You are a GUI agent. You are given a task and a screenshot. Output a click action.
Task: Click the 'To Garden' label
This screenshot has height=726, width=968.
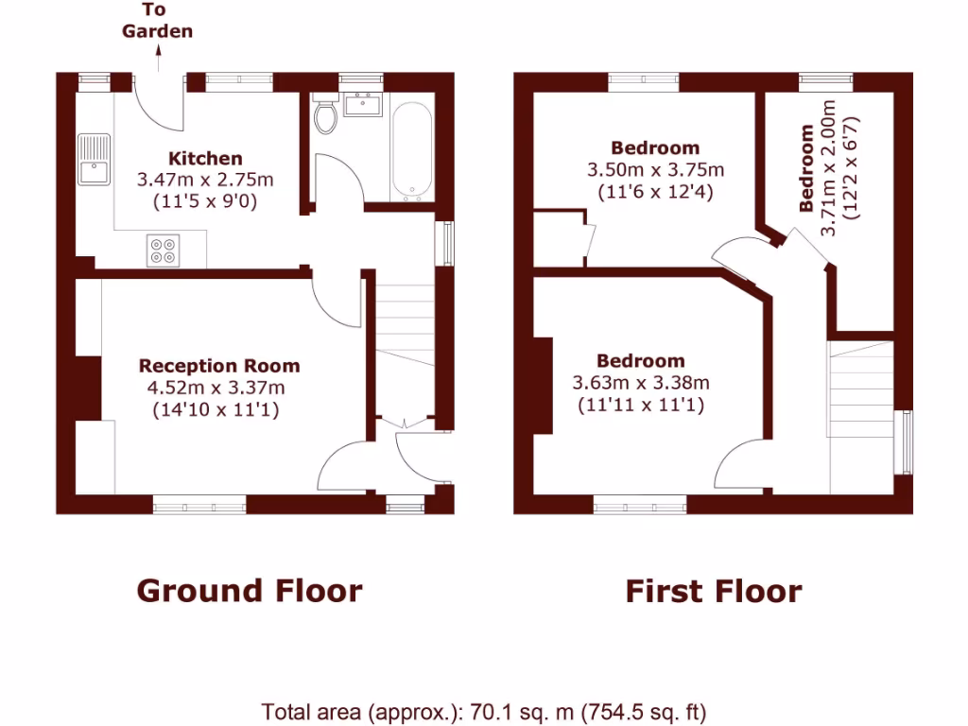pos(157,21)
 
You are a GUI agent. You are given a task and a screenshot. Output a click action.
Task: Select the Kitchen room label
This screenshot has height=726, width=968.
pos(205,159)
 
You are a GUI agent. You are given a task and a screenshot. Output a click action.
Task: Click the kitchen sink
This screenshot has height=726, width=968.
pos(95,160)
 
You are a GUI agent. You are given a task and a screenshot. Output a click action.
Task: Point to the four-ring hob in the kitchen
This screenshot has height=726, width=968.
pos(162,250)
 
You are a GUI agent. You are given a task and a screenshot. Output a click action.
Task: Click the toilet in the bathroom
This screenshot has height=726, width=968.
pos(327,115)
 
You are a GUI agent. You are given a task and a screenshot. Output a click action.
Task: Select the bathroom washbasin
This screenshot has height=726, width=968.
pos(362,104)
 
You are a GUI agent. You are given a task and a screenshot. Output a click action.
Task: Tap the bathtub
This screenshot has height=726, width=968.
pos(411,151)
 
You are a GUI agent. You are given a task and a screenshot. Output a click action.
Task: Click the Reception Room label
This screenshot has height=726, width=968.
pos(219,366)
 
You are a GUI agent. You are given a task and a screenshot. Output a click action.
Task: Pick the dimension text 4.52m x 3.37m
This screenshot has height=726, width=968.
pos(216,388)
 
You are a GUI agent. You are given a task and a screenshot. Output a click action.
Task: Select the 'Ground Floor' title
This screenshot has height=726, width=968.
pos(250,591)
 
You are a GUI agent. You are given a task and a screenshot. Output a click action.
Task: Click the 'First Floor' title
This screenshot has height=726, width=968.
pos(713,592)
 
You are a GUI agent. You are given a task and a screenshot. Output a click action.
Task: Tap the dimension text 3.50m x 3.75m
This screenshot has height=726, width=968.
pos(655,170)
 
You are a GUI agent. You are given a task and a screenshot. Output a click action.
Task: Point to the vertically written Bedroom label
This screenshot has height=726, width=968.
pos(807,168)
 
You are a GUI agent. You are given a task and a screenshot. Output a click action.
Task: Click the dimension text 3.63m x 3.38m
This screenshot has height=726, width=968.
pos(641,383)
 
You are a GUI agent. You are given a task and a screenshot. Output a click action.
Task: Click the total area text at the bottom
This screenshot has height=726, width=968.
pos(483,712)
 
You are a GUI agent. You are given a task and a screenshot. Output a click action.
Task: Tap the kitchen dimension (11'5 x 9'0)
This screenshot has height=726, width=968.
pos(205,200)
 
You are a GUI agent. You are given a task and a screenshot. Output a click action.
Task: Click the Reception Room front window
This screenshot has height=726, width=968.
pos(199,506)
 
